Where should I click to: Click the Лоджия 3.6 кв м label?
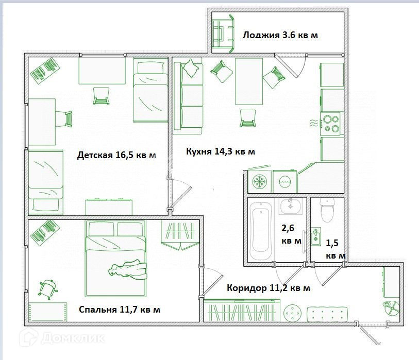click(x=280, y=35)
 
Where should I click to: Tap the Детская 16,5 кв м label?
click(x=116, y=155)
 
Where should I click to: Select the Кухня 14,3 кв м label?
click(x=221, y=151)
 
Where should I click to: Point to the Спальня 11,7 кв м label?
click(x=120, y=309)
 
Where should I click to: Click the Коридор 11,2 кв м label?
click(x=269, y=288)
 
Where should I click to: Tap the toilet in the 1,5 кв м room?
click(x=327, y=210)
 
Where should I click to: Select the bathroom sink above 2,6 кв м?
click(x=291, y=206)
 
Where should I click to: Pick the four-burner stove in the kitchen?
click(x=331, y=124)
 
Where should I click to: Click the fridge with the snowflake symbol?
click(x=259, y=181)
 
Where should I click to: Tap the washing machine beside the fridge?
click(x=284, y=181)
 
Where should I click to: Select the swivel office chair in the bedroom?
click(x=48, y=288)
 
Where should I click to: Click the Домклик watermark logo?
click(x=62, y=337)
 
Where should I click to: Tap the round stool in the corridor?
click(x=292, y=313)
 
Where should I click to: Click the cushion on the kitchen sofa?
click(x=190, y=68)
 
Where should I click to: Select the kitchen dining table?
click(x=249, y=81)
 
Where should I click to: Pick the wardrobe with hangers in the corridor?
click(x=242, y=311)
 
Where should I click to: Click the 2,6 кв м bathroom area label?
click(x=291, y=234)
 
